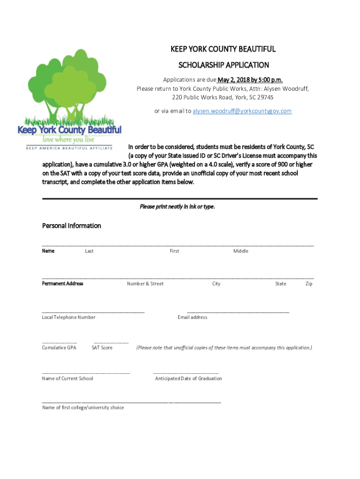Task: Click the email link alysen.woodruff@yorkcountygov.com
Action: coord(242,111)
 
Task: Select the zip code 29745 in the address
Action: coord(265,97)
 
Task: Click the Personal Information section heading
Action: coord(72,225)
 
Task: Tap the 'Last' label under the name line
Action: coord(89,251)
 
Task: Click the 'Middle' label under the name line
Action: coord(241,251)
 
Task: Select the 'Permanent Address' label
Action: coord(63,283)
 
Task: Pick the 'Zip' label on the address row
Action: coord(309,283)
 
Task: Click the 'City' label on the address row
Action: coord(216,283)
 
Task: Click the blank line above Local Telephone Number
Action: coord(93,312)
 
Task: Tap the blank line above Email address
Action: coord(238,312)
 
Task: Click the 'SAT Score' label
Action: coord(102,348)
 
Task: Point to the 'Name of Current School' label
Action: coord(67,378)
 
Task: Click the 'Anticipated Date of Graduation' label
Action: coord(188,378)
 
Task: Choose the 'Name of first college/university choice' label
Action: coord(83,407)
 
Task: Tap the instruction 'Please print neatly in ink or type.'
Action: coord(177,206)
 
